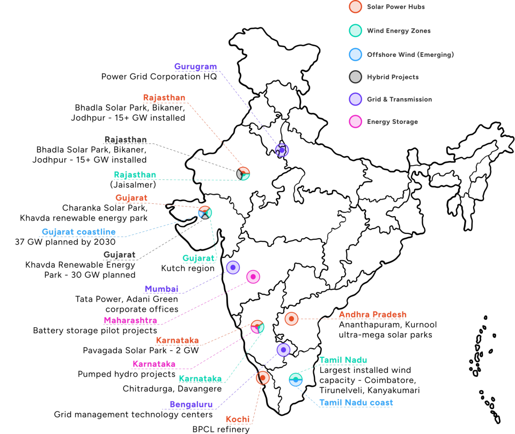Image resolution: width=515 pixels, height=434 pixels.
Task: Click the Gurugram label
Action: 195,67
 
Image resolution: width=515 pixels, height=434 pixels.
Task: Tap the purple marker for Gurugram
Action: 282,150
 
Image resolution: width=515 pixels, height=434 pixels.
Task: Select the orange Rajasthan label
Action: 164,98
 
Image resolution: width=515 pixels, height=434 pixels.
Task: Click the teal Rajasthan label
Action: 135,175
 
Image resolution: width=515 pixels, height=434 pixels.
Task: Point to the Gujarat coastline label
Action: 79,232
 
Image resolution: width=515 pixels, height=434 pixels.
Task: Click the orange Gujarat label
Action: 131,198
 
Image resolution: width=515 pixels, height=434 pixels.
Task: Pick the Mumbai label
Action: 161,289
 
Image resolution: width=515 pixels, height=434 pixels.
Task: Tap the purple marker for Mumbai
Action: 233,268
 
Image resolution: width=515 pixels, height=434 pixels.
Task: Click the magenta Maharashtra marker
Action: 253,277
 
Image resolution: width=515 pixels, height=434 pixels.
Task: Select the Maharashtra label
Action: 130,321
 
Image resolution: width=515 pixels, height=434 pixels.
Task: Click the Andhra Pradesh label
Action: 373,315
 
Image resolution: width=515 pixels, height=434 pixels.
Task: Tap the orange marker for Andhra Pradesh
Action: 291,319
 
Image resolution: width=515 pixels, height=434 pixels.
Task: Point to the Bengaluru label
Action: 191,405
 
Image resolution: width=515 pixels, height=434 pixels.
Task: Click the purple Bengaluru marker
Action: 283,350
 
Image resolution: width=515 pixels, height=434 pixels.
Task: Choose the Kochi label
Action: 238,420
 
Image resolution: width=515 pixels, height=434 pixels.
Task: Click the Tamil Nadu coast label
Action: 356,403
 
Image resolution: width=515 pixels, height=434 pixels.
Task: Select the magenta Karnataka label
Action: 154,364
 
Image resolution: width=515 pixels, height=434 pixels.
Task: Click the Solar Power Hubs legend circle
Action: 355,7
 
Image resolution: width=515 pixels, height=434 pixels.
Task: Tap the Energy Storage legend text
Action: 392,122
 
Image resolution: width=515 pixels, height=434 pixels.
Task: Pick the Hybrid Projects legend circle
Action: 355,77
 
